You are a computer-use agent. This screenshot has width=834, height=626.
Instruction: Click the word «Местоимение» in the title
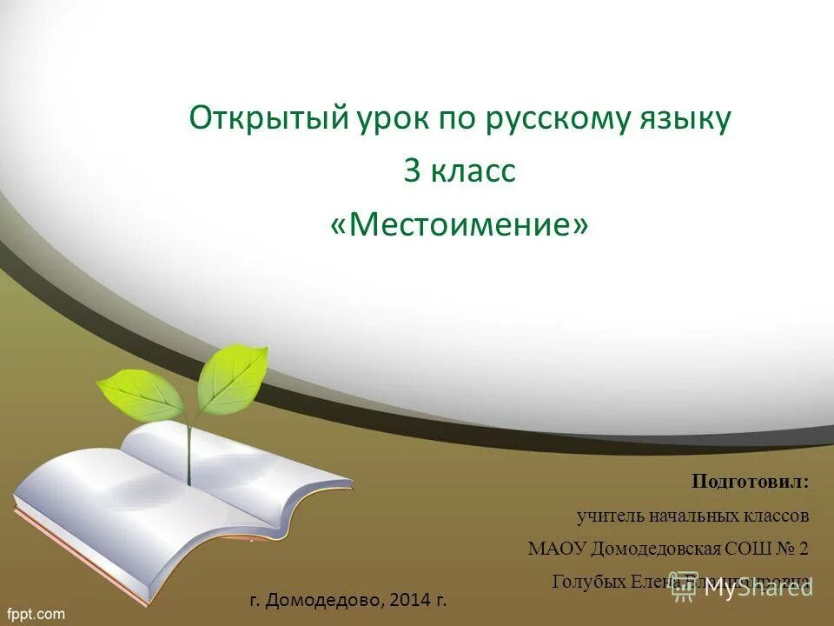(460, 225)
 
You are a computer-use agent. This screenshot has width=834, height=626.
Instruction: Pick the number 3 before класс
(412, 171)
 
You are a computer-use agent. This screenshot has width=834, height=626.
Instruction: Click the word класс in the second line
(474, 171)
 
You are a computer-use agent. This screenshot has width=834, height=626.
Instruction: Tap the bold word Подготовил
(750, 482)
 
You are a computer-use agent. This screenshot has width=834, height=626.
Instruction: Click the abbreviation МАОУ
(558, 549)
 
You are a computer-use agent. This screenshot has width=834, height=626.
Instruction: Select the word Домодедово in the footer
(326, 600)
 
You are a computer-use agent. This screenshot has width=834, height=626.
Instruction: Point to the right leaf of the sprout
(230, 378)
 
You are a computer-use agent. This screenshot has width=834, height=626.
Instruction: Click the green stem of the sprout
(188, 452)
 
